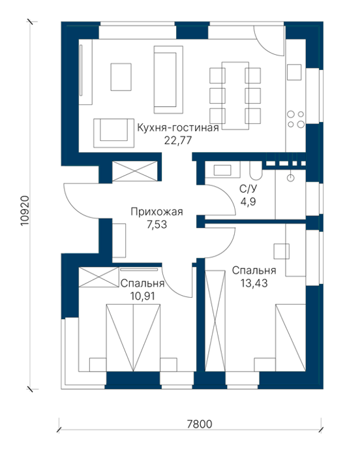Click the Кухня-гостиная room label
click(177, 128)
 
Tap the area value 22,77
click(178, 140)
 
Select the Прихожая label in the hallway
click(157, 212)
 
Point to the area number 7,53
click(157, 225)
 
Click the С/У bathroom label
click(248, 189)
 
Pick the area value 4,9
click(248, 201)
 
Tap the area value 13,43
click(254, 283)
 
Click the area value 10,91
click(142, 296)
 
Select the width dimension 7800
click(199, 424)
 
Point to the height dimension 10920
click(25, 211)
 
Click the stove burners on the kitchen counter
click(295, 119)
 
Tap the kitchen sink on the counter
click(294, 72)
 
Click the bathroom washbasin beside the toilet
click(222, 170)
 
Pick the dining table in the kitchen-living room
click(235, 95)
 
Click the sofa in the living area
click(168, 80)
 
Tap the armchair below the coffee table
click(114, 133)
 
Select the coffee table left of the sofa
click(121, 77)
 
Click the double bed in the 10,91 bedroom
click(133, 338)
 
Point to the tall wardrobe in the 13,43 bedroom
click(215, 321)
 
